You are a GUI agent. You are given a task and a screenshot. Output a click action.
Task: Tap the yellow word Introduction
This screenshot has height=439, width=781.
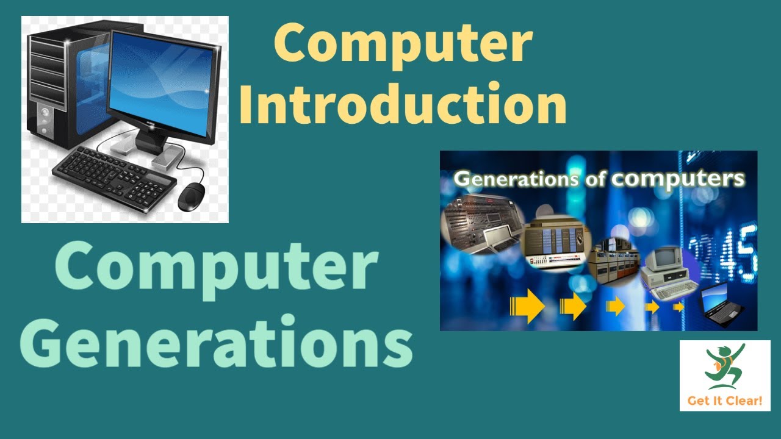(x=403, y=104)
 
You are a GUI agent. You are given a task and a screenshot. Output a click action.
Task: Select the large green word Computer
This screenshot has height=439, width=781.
(x=217, y=268)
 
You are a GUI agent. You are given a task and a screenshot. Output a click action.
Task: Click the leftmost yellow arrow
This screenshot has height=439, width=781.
(x=528, y=305)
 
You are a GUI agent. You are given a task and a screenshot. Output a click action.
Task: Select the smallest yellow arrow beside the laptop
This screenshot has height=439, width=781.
(x=678, y=307)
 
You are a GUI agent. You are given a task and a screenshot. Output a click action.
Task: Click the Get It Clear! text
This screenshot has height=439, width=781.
(x=724, y=401)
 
